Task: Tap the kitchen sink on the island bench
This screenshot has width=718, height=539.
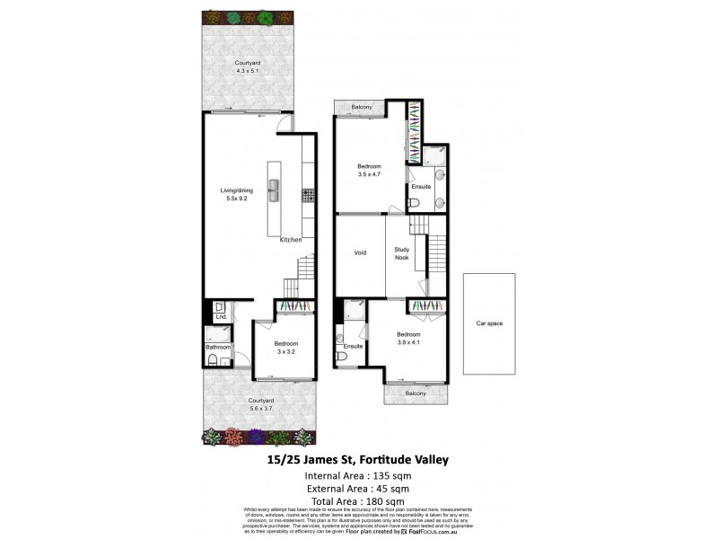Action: (275, 193)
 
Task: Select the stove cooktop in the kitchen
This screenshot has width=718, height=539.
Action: (307, 193)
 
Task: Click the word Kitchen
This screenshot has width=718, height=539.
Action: (291, 241)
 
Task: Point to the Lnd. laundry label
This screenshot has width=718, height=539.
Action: (220, 318)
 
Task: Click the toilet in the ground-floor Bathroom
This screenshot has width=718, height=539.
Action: (211, 360)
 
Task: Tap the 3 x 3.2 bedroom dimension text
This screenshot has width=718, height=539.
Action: (285, 352)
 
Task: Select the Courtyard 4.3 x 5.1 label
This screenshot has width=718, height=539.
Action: (247, 71)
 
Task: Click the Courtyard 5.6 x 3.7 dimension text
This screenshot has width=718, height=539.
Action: (260, 409)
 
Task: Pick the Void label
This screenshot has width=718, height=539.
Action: (360, 252)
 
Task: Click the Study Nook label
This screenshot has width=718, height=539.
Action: (401, 252)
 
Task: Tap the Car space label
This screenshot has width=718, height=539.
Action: (489, 323)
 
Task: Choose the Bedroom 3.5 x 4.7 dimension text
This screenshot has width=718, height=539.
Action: (369, 175)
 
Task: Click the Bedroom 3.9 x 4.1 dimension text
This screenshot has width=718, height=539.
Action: (408, 342)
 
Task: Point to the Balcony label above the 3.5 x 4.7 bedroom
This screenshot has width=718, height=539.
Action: (363, 107)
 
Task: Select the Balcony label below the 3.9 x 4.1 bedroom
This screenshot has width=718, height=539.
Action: (415, 393)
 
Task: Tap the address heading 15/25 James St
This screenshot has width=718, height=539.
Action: (359, 460)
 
